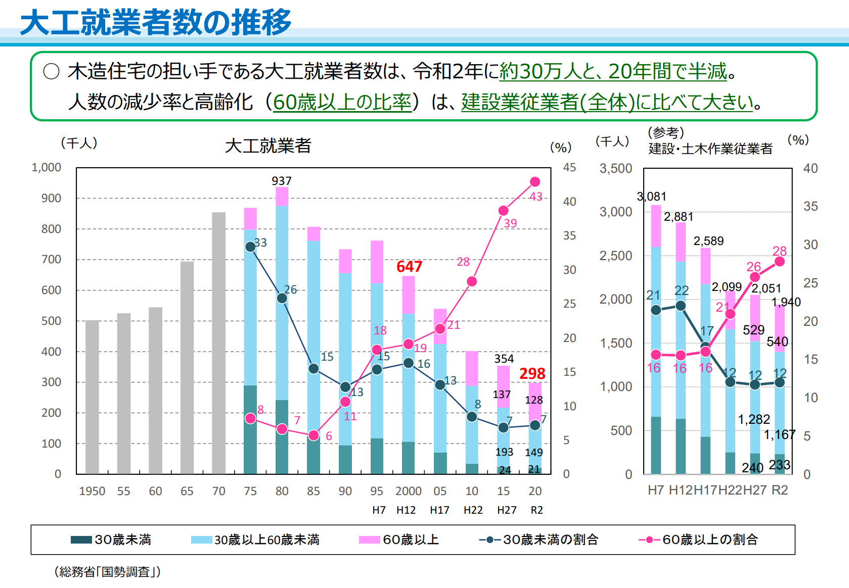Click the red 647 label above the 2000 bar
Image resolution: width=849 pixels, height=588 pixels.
[x=409, y=266]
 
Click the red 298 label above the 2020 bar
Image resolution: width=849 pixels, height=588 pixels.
[x=532, y=373]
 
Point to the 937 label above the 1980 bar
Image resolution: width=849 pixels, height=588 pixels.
[x=282, y=180]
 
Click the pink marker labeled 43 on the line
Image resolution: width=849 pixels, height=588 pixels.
[x=535, y=182]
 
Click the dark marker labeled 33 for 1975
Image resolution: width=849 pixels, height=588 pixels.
[x=250, y=247]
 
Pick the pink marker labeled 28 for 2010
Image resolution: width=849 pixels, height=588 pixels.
[x=472, y=281]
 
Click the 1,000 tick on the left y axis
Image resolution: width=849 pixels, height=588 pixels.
[x=46, y=167]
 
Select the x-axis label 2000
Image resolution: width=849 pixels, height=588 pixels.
[x=408, y=491]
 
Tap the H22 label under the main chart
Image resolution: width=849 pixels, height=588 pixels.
[x=473, y=510]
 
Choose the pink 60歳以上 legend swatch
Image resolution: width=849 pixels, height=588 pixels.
[x=369, y=540]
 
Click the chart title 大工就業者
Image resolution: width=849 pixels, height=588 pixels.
[x=268, y=146]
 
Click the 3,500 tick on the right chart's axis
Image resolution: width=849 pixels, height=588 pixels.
[x=615, y=168]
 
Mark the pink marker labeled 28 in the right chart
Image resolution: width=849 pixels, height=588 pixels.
[x=780, y=261]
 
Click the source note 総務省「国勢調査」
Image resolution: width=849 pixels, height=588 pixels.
[x=107, y=571]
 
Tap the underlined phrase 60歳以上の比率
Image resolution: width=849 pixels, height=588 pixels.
[x=342, y=102]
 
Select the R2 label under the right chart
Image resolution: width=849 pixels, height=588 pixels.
[x=779, y=490]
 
